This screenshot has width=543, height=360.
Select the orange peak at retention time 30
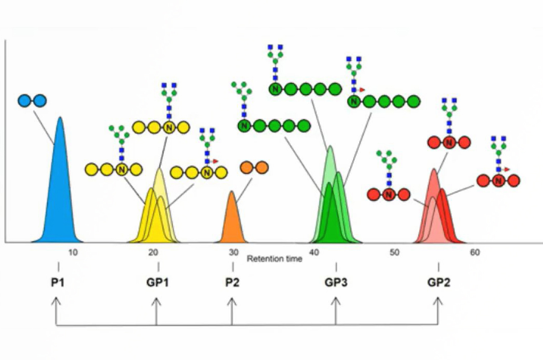(x=232, y=221)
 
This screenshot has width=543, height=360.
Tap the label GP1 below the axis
(x=157, y=282)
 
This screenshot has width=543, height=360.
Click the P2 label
(x=232, y=282)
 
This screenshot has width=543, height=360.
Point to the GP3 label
(x=336, y=282)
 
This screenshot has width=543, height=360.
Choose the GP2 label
(x=438, y=282)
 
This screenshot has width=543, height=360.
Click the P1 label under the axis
(x=58, y=282)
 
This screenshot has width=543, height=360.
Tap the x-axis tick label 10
(x=73, y=252)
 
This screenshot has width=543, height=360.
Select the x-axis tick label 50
(x=394, y=252)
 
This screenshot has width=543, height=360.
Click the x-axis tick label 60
(x=474, y=252)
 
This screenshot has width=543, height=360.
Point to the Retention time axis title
(x=274, y=259)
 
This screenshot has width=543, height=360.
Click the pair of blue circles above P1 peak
(x=32, y=101)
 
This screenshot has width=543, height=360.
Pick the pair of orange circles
(x=254, y=167)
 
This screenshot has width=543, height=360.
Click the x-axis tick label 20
(x=153, y=252)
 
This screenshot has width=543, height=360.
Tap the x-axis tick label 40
(x=314, y=252)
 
